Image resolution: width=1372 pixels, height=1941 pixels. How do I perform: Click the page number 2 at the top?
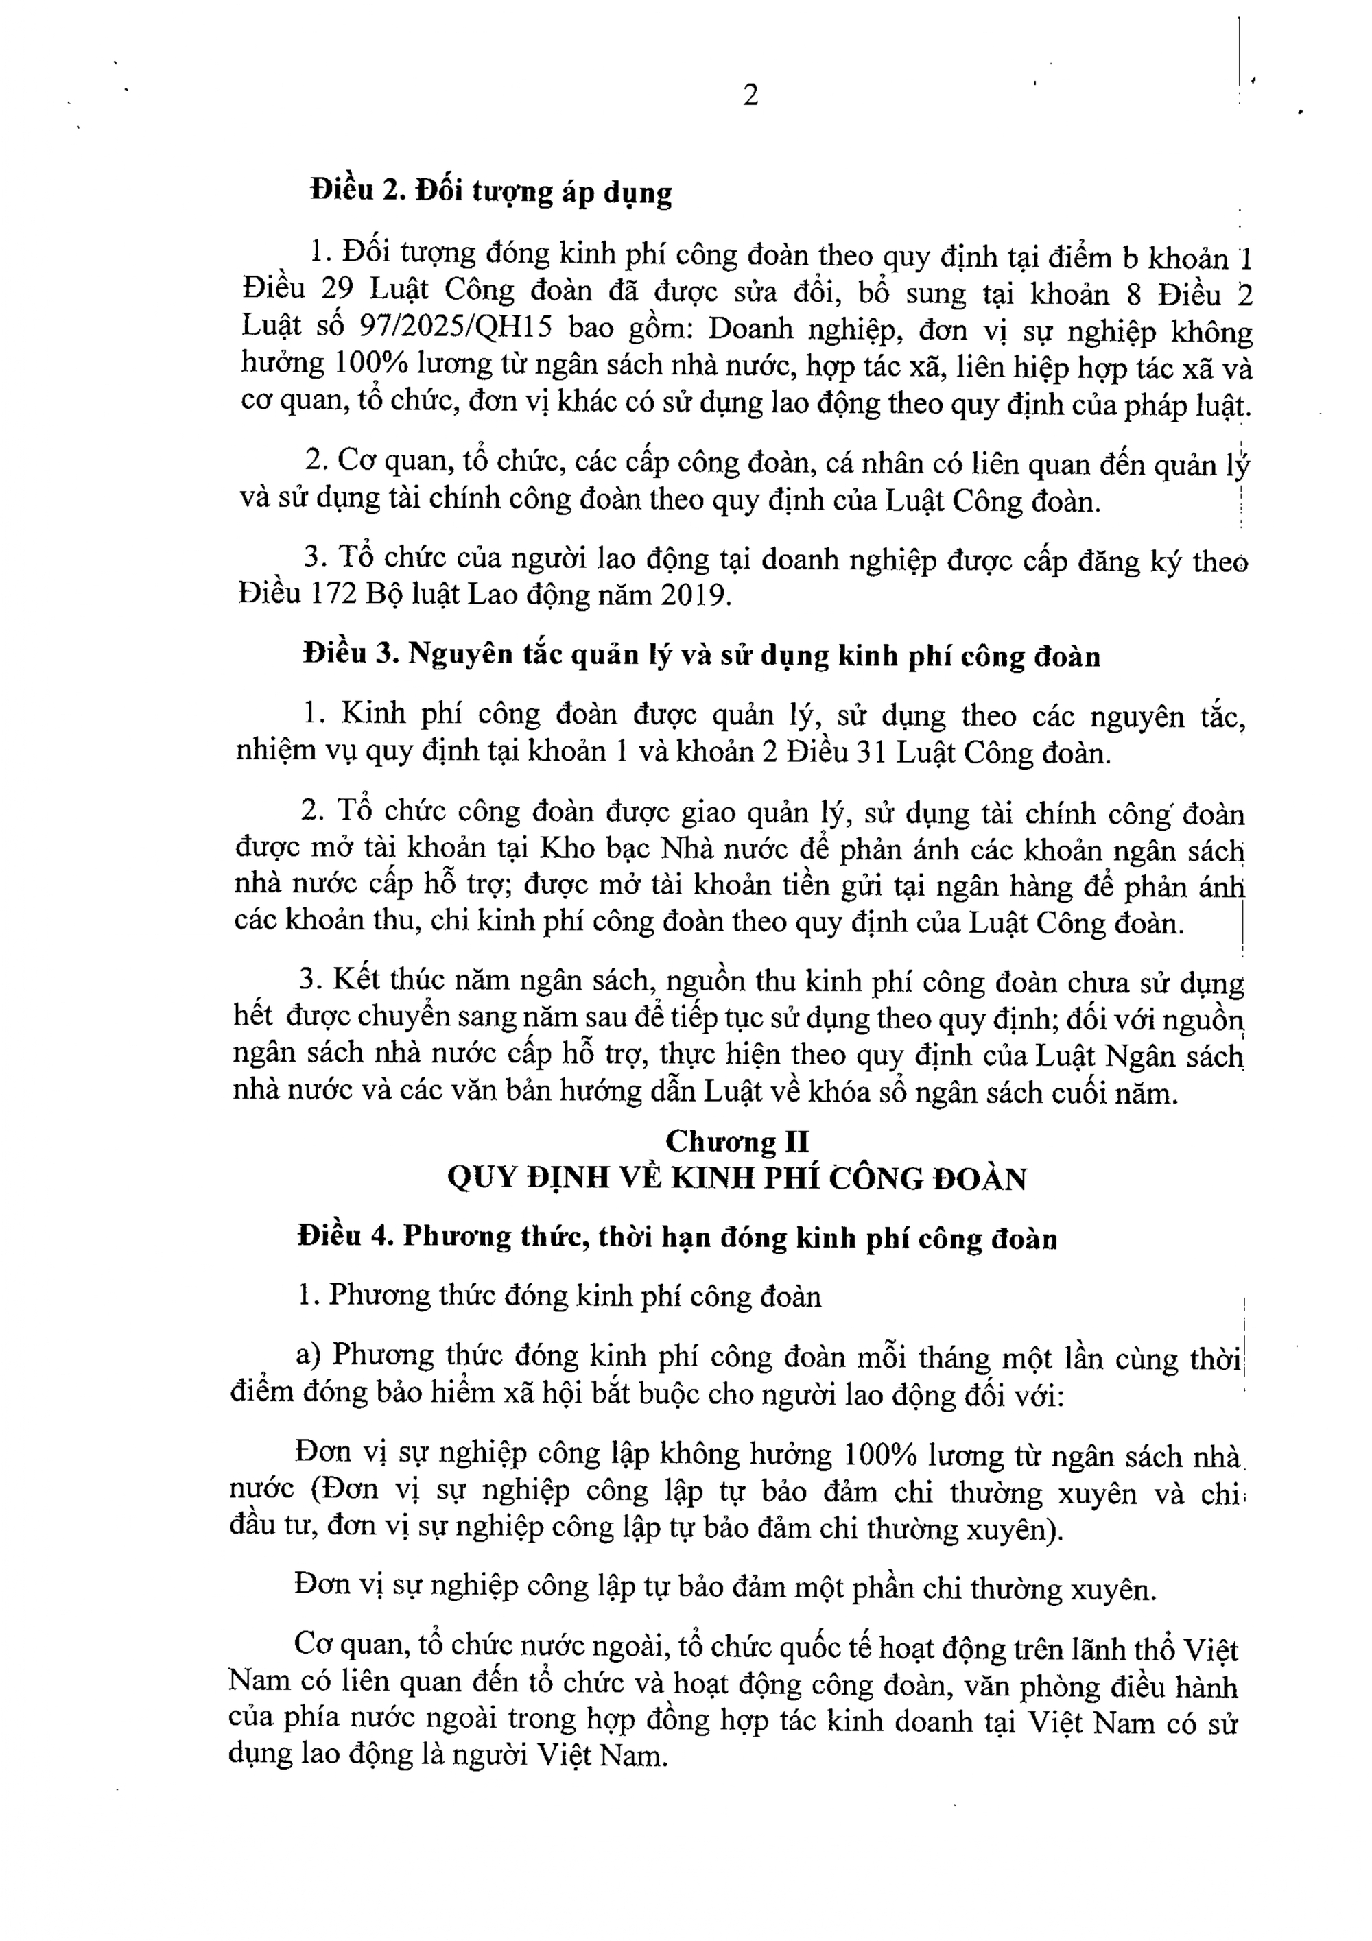click(750, 95)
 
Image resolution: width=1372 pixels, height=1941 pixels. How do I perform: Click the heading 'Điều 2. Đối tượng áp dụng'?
click(491, 192)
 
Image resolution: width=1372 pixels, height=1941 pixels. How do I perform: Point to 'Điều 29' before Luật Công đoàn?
click(298, 291)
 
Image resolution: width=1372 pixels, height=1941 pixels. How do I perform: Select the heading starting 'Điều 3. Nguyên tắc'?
click(702, 656)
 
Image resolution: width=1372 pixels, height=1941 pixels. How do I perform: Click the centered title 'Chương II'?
click(737, 1141)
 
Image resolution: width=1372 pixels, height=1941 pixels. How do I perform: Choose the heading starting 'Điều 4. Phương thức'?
click(677, 1239)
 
